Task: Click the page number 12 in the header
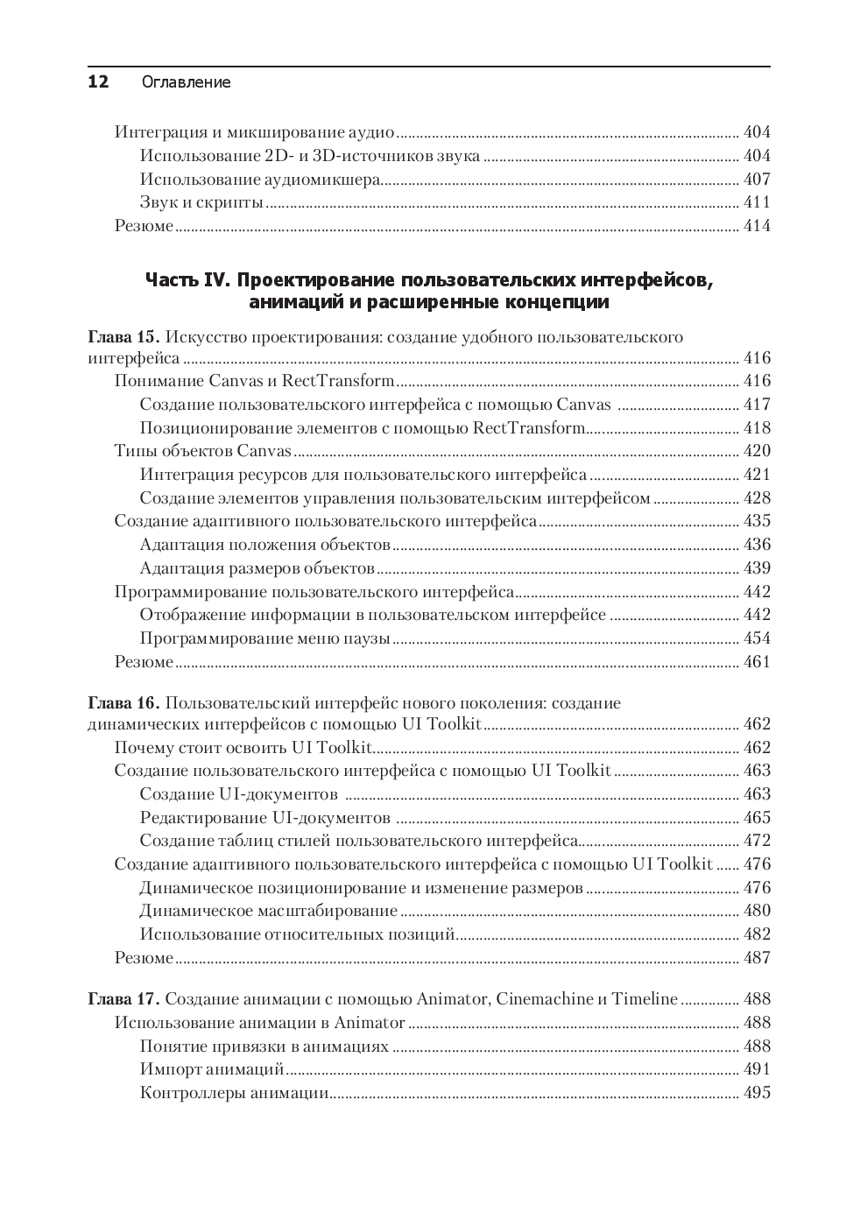98,82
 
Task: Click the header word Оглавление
186,82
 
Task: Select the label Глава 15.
123,337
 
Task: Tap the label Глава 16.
123,703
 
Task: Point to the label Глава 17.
123,999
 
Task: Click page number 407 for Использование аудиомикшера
757,180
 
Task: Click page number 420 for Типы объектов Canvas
757,451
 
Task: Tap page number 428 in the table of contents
757,498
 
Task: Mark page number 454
757,638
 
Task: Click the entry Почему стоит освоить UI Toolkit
244,748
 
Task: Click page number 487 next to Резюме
757,958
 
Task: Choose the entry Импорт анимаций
212,1069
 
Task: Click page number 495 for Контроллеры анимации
757,1093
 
